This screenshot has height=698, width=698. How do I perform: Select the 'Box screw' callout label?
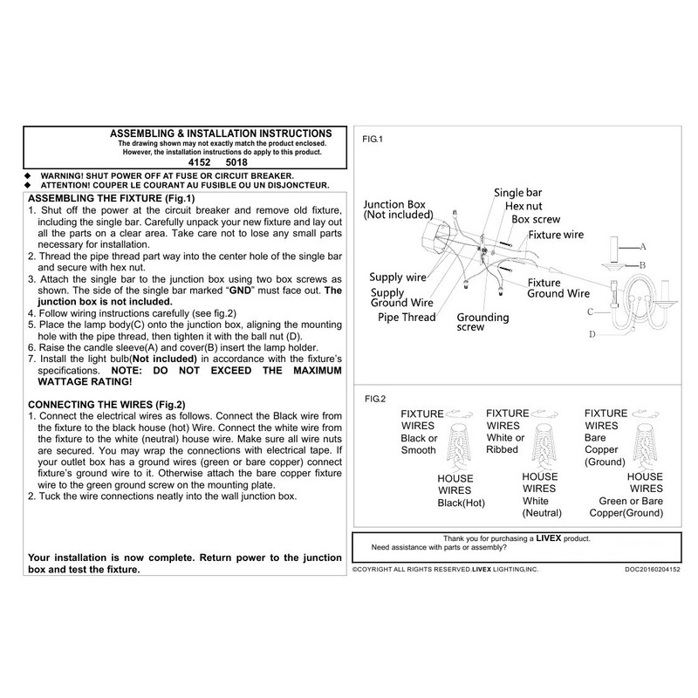(x=536, y=220)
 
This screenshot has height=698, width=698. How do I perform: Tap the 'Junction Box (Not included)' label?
(x=398, y=208)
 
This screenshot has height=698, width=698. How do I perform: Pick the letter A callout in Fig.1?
(x=642, y=247)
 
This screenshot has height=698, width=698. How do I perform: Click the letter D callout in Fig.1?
(x=593, y=334)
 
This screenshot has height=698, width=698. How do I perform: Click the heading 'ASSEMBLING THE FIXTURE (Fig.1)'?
(x=107, y=199)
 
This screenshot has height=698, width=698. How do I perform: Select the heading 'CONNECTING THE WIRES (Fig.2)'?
(x=107, y=404)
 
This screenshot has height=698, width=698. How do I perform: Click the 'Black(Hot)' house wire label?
(x=460, y=504)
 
